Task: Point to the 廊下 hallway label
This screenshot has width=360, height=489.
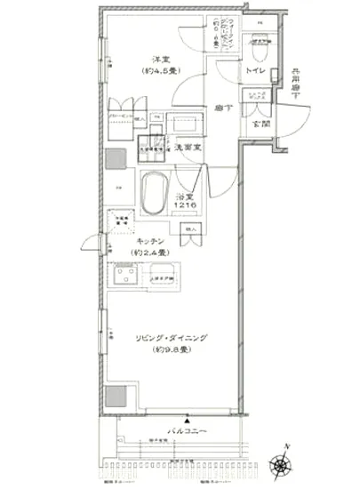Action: click(223, 108)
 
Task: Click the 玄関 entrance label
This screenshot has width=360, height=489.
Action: click(260, 124)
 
